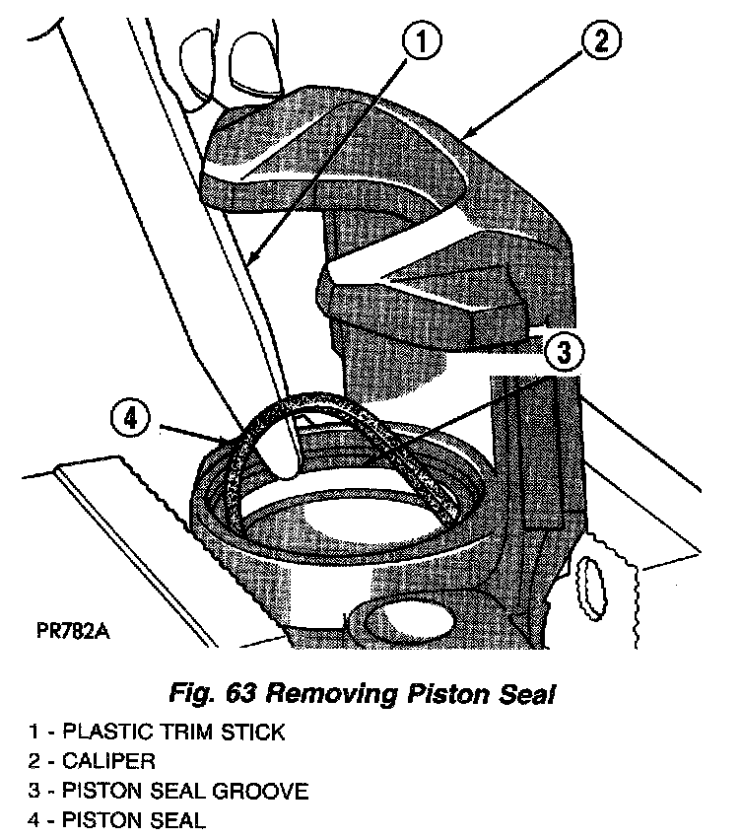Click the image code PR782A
(74, 629)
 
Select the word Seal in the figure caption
(526, 695)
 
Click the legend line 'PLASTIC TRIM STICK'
(172, 732)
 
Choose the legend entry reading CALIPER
(108, 761)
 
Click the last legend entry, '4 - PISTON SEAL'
(118, 820)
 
